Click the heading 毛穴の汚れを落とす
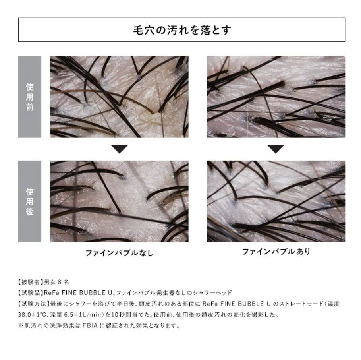coord(182,30)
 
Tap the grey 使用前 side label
coord(30,97)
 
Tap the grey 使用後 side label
coord(30,201)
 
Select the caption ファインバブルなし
coord(119,253)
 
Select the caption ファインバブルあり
coord(276,252)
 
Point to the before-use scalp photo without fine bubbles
coord(120,97)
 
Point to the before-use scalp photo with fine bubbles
coord(276,97)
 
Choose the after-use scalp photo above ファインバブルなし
coord(120,201)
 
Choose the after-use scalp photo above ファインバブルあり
coord(276,201)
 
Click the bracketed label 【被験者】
coord(31,282)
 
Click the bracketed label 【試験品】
coord(31,293)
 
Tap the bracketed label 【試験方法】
coord(34,304)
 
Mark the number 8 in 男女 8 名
coord(60,282)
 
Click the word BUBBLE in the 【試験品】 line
coord(92,293)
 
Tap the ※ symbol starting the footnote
coord(21,326)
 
